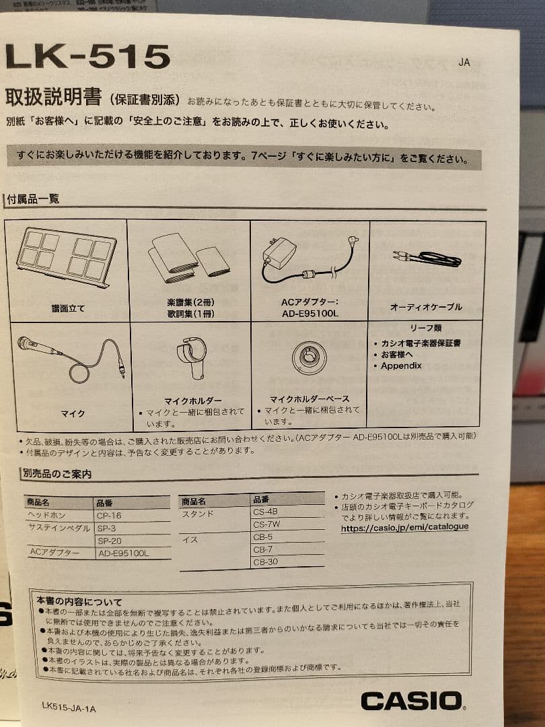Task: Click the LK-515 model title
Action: point(87,57)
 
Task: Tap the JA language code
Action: point(464,63)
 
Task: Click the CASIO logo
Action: point(412,701)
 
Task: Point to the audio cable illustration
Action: point(426,258)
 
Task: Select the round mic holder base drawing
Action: point(309,357)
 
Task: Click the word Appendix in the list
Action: point(401,366)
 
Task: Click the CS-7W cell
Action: point(266,524)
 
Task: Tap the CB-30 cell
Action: point(265,562)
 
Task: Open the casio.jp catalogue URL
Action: point(404,528)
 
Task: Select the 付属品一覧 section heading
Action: point(33,199)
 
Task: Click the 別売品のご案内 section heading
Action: point(57,474)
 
